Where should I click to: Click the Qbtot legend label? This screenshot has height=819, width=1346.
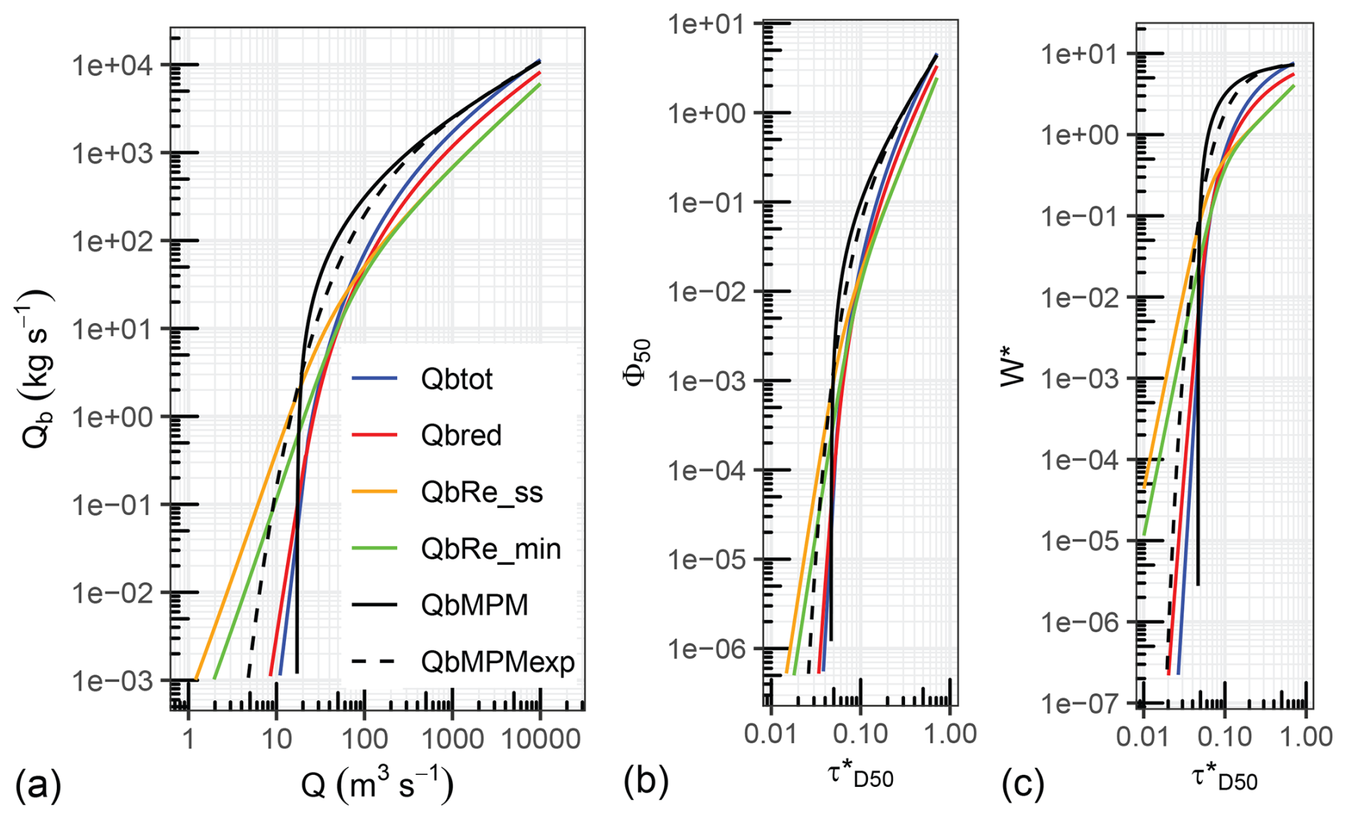tap(456, 379)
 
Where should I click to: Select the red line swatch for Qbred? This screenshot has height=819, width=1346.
tap(374, 435)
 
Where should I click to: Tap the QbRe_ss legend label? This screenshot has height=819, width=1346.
tap(482, 492)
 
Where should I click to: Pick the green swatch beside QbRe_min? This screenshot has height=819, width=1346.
tap(374, 549)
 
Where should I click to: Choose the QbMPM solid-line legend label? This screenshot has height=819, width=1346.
tap(475, 606)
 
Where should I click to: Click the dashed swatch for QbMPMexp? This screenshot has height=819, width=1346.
tap(374, 662)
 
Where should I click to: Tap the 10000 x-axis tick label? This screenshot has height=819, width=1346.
tap(539, 739)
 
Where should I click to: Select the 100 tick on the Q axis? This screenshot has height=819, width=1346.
tap(364, 739)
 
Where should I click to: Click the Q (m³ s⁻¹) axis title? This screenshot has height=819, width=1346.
tap(377, 785)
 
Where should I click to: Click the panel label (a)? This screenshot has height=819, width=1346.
tap(38, 785)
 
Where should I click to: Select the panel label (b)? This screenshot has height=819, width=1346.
tap(646, 781)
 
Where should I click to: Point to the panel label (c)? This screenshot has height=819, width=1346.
tap(1023, 785)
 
